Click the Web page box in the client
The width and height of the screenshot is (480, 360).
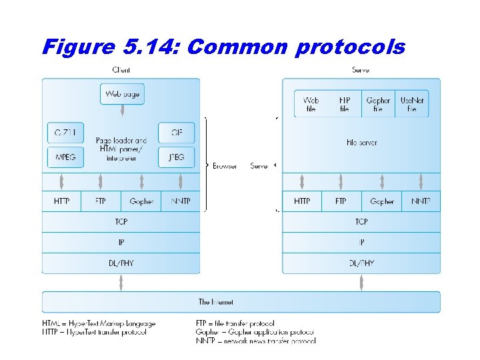pyautogui.click(x=122, y=94)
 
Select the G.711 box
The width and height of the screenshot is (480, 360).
pyautogui.click(x=66, y=133)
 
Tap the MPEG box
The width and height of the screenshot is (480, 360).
pyautogui.click(x=66, y=157)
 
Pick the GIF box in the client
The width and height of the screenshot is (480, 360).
pyautogui.click(x=176, y=133)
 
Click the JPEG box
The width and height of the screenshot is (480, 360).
pyautogui.click(x=176, y=157)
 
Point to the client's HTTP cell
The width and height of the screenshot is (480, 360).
pyautogui.click(x=61, y=201)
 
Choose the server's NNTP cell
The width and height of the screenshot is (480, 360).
pyautogui.click(x=421, y=201)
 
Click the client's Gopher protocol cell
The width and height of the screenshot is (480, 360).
pyautogui.click(x=141, y=201)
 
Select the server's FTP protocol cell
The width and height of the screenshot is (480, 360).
pyautogui.click(x=341, y=201)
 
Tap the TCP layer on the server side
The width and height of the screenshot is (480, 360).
pyautogui.click(x=361, y=222)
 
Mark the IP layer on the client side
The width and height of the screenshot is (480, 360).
pyautogui.click(x=121, y=243)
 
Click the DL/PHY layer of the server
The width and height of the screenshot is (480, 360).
pyautogui.click(x=361, y=263)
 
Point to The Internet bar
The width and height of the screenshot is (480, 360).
pyautogui.click(x=241, y=302)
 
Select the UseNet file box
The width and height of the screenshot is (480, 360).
pyautogui.click(x=412, y=104)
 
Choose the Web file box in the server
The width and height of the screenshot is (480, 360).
pyautogui.click(x=311, y=104)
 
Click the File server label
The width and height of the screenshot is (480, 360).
pyautogui.click(x=361, y=143)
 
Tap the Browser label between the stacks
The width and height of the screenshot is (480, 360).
pyautogui.click(x=225, y=166)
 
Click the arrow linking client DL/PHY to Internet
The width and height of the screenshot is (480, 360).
pyautogui.click(x=121, y=283)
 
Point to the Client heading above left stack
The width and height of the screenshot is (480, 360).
pyautogui.click(x=121, y=69)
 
